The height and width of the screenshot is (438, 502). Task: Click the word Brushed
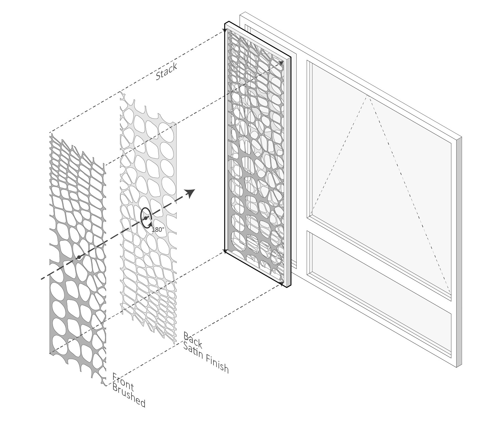[129, 395]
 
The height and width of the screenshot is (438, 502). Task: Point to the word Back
[193, 340]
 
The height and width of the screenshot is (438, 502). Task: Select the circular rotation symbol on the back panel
[146, 218]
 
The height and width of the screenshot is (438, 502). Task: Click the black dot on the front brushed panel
[79, 257]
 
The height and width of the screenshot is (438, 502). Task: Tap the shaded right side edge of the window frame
[459, 252]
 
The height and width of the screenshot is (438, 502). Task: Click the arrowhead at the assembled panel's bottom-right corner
[281, 284]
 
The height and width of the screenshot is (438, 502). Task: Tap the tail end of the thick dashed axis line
[41, 279]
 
